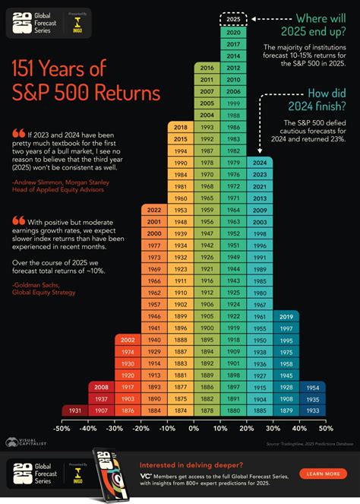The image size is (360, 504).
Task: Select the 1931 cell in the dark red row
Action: [74, 411]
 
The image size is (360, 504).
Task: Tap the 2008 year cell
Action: [101, 386]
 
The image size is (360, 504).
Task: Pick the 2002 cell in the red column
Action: [128, 340]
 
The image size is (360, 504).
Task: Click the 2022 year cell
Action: [154, 189]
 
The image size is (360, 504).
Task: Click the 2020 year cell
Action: [234, 33]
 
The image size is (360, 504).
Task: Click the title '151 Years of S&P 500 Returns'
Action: [85, 82]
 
